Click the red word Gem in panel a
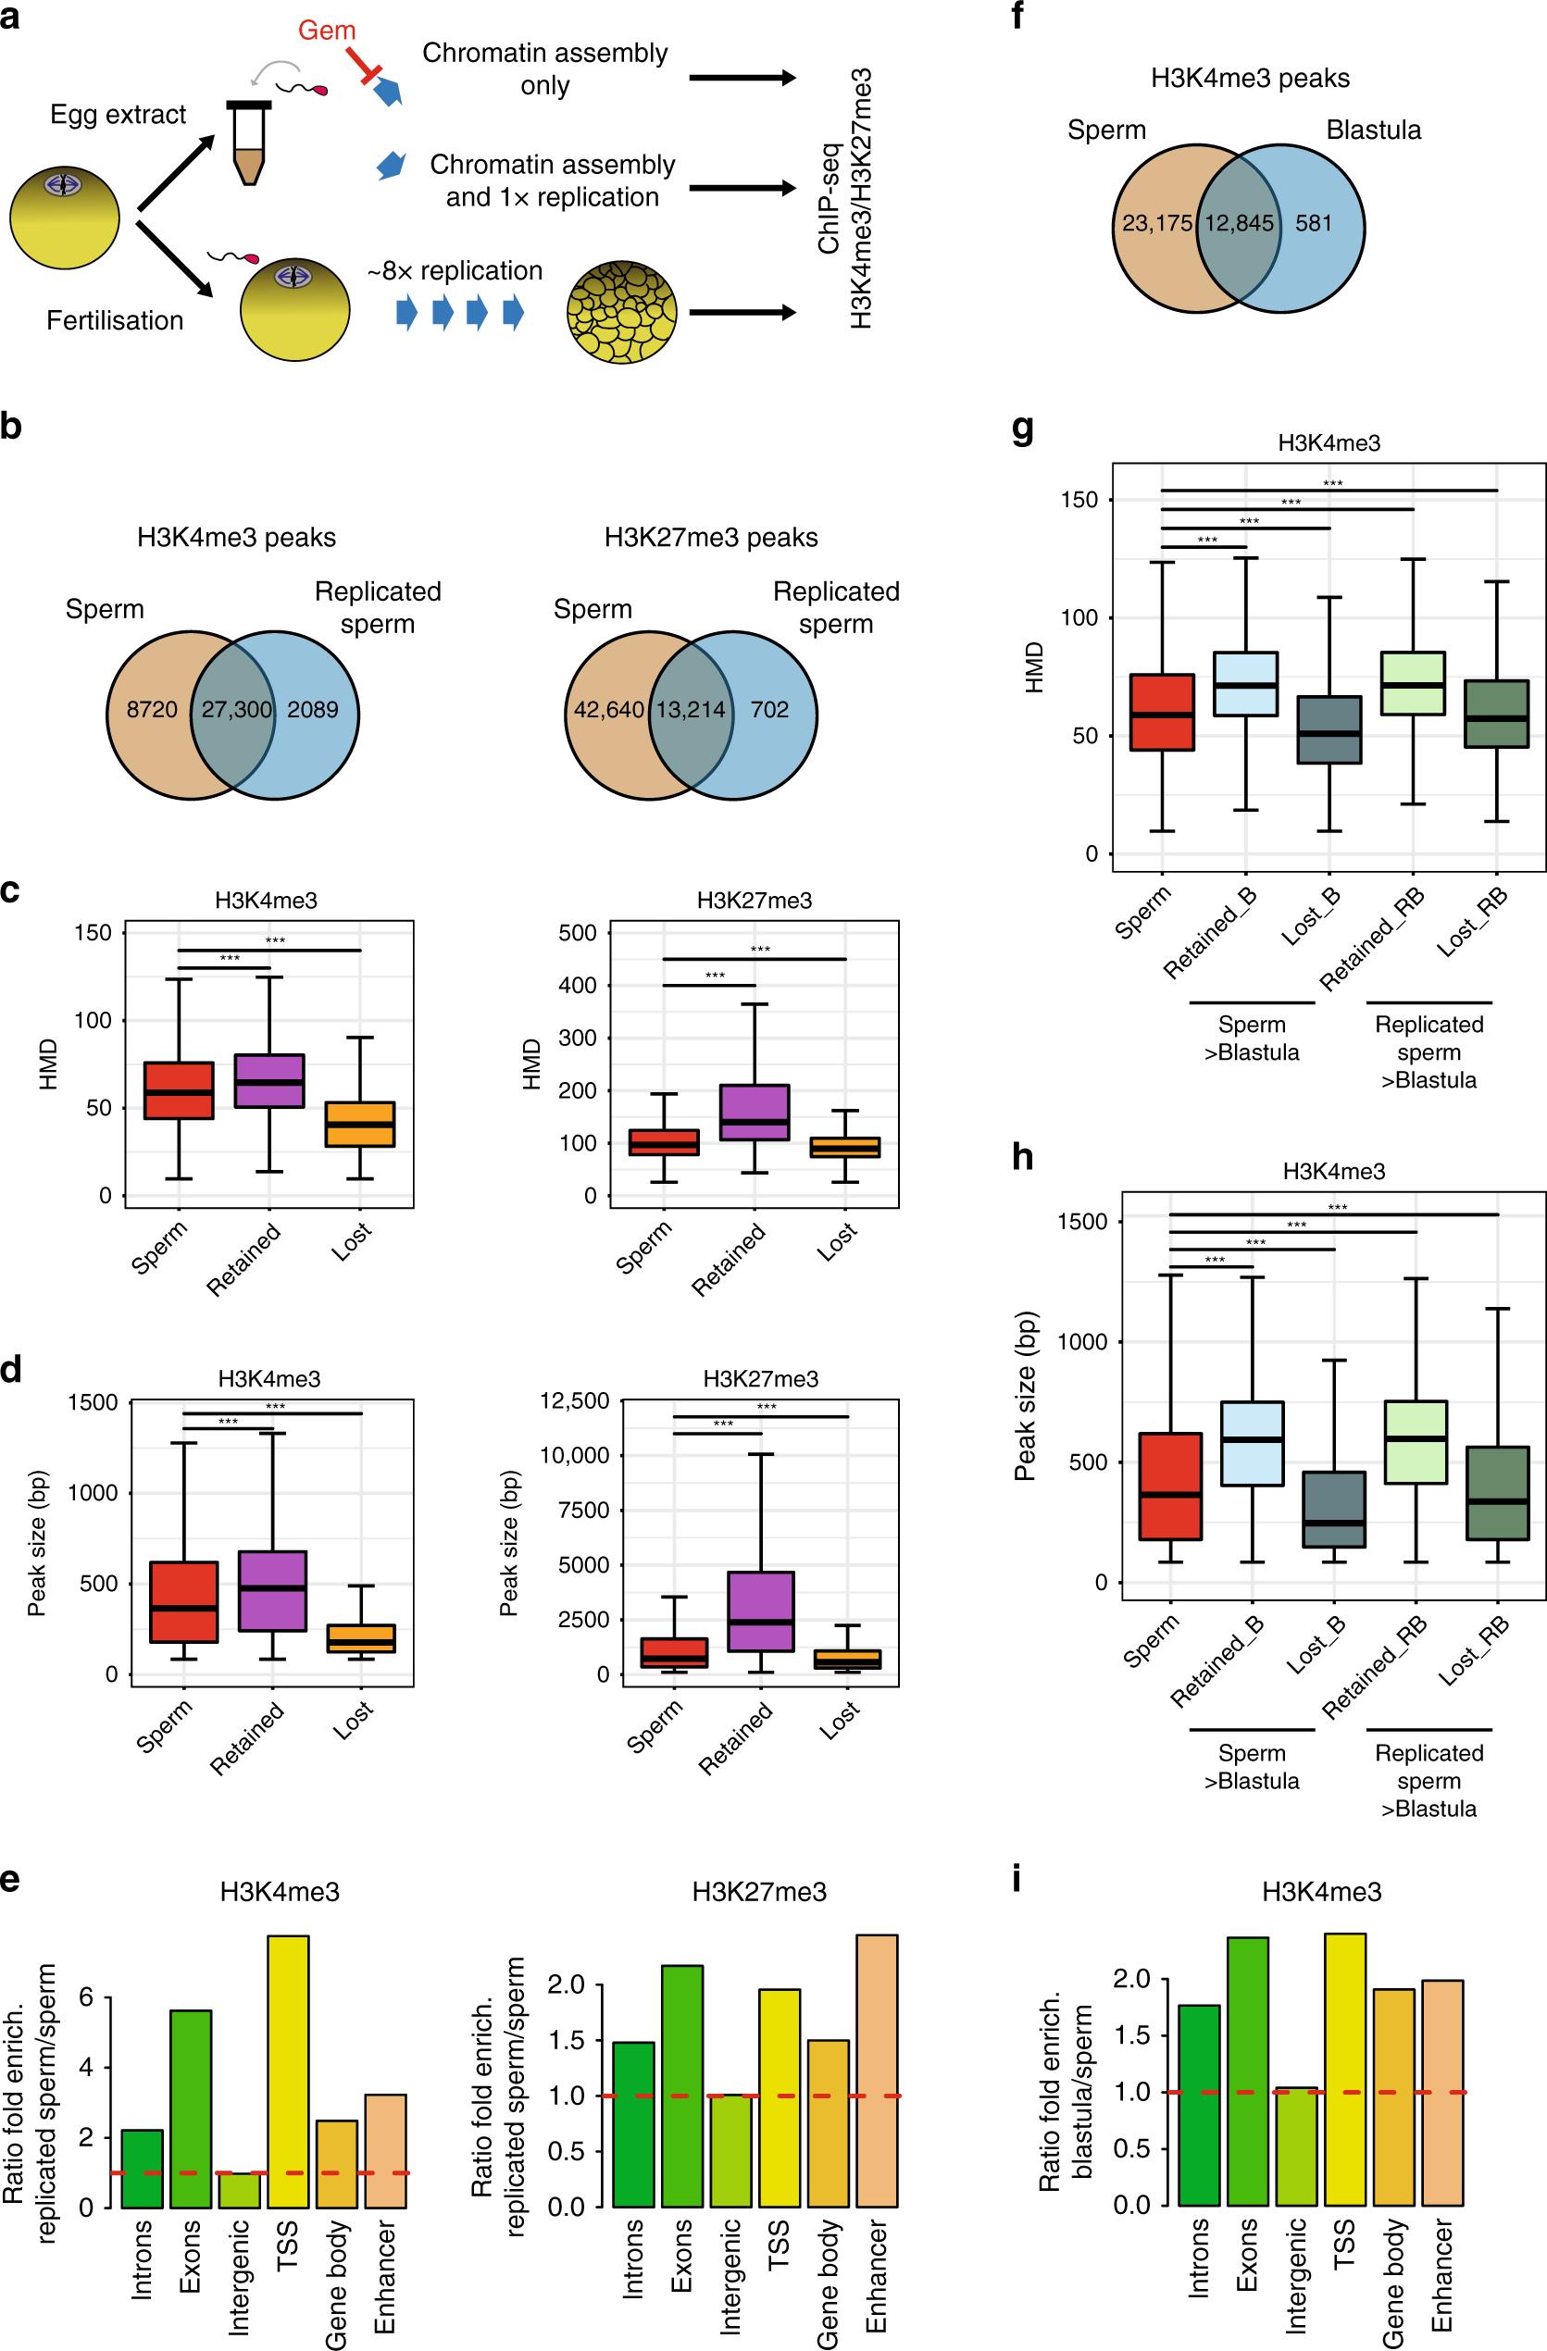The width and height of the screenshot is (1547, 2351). [326, 31]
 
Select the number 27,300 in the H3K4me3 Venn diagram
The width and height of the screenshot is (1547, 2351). [237, 708]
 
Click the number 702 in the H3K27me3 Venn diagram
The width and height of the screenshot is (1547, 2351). [768, 708]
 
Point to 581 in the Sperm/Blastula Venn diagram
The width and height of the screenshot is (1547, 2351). [1314, 223]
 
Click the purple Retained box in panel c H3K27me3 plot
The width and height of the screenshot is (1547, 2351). [755, 1113]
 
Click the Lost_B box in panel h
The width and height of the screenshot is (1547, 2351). [1335, 1510]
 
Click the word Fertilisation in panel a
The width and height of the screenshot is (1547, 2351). [115, 320]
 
